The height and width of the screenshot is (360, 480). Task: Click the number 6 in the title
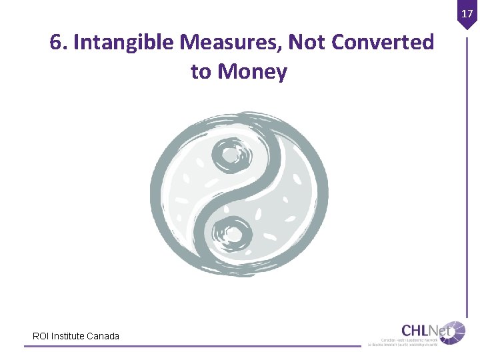pos(56,43)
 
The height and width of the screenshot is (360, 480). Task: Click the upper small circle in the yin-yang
pos(230,155)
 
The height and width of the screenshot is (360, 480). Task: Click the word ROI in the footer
pos(41,336)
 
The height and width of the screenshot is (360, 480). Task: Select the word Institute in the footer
pos(67,336)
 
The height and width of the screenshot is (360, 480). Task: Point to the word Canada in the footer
pos(103,336)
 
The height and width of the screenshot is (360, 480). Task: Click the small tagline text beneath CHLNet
pos(403,343)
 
